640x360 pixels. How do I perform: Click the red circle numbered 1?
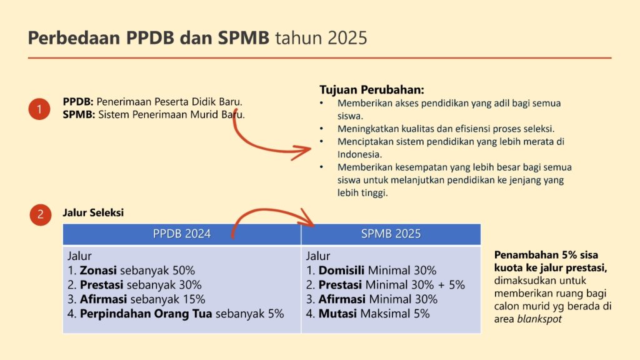(39, 109)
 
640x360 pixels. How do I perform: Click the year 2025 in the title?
(347, 38)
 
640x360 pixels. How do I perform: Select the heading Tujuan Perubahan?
(372, 90)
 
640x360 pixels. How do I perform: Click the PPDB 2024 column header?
(182, 234)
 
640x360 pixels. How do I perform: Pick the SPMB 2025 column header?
(391, 234)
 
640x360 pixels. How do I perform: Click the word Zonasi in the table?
(98, 270)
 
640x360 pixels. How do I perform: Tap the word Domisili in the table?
(341, 270)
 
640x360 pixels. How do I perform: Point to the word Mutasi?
(337, 314)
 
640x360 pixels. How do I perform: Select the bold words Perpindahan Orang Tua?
(146, 314)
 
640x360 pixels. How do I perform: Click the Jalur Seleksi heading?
(93, 212)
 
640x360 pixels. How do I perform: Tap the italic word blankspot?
(539, 319)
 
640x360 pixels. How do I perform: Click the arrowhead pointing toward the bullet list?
(302, 151)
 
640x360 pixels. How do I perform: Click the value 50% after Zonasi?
(184, 270)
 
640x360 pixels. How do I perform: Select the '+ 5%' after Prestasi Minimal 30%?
(451, 285)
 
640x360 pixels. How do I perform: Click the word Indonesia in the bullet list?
(359, 154)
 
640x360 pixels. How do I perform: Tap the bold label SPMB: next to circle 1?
(79, 115)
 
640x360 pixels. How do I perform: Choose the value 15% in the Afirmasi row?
(194, 299)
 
